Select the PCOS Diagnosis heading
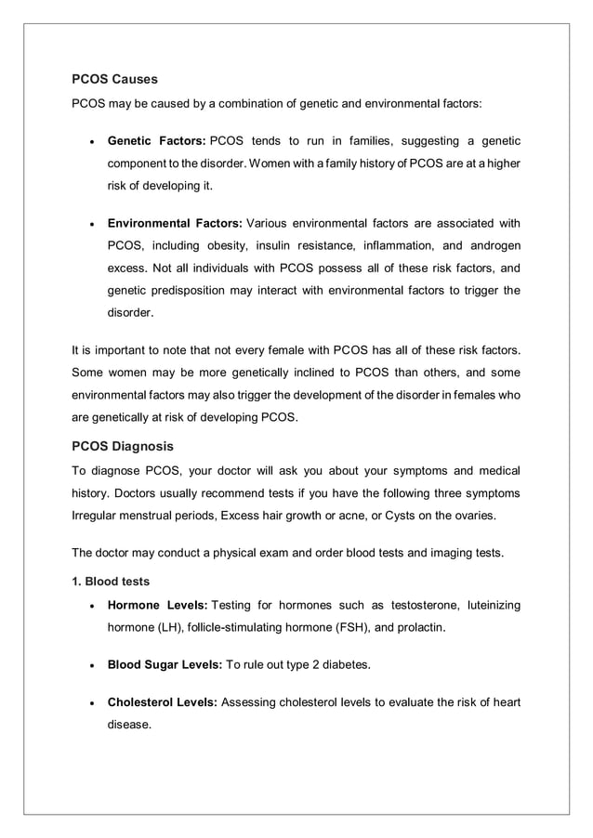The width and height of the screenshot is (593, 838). (122, 446)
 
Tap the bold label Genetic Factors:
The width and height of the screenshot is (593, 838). (156, 141)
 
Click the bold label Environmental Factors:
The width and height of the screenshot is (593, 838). (175, 224)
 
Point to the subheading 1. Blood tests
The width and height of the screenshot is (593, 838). (111, 583)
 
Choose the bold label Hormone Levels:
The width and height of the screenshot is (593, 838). (156, 606)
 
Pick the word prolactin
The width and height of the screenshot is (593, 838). (417, 628)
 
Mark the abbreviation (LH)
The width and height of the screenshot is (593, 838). (169, 628)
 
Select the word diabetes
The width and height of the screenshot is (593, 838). (346, 665)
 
